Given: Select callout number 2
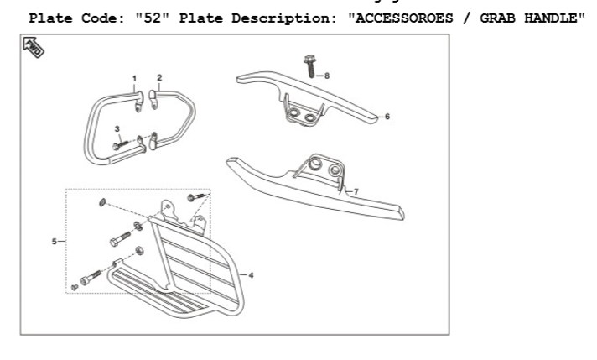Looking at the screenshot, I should [159, 77].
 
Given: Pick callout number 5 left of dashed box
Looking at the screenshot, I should [53, 242].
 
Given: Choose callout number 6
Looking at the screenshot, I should [387, 117].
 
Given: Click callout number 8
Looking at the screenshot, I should [327, 76].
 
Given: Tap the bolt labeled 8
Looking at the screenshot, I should [309, 67].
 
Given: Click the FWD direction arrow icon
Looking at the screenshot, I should [35, 49].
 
